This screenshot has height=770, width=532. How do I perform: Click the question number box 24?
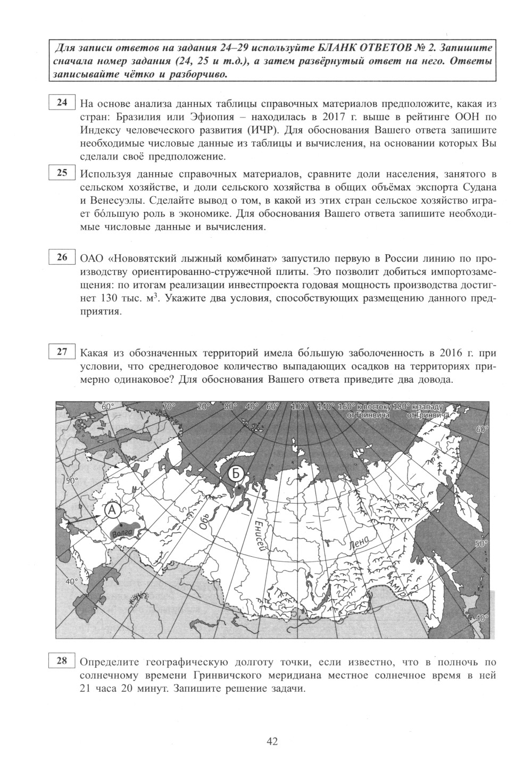pyautogui.click(x=62, y=103)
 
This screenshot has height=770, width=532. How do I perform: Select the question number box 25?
pyautogui.click(x=62, y=172)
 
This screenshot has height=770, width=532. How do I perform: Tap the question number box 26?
pyautogui.click(x=62, y=257)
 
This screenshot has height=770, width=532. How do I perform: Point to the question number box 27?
pyautogui.click(x=62, y=351)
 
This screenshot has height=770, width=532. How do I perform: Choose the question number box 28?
pyautogui.click(x=62, y=661)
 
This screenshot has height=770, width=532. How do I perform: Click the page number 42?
pyautogui.click(x=272, y=741)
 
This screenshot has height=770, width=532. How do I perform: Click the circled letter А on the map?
pyautogui.click(x=112, y=509)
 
